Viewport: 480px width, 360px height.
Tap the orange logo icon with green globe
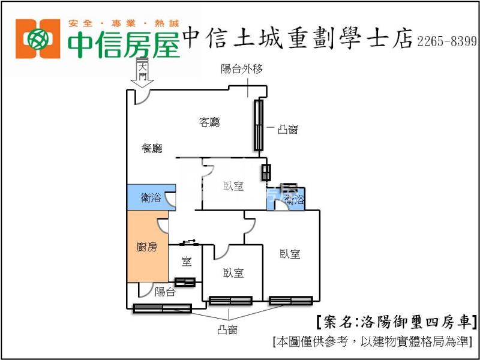pos(38,38)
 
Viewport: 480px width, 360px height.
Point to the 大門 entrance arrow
pos(142,73)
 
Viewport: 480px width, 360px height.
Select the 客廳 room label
pos(209,122)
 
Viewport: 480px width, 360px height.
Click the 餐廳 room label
pos(152,149)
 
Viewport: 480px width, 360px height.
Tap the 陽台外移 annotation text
pos(239,69)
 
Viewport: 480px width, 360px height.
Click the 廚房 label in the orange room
pos(147,247)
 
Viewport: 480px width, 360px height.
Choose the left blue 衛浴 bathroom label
pos(151,198)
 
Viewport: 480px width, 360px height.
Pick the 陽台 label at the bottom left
pos(165,292)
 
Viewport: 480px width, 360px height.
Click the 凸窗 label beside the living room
pos(288,129)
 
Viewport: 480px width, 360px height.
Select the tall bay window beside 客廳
pos(259,125)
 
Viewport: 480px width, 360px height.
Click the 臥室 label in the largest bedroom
pos(290,254)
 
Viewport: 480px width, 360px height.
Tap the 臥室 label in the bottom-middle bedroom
pos(233,273)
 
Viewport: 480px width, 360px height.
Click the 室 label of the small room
pos(187,261)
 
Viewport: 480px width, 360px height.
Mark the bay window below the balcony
pos(162,308)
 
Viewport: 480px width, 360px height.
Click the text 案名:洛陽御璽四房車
pos(396,322)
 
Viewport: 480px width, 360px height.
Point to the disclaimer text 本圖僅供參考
pos(373,341)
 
